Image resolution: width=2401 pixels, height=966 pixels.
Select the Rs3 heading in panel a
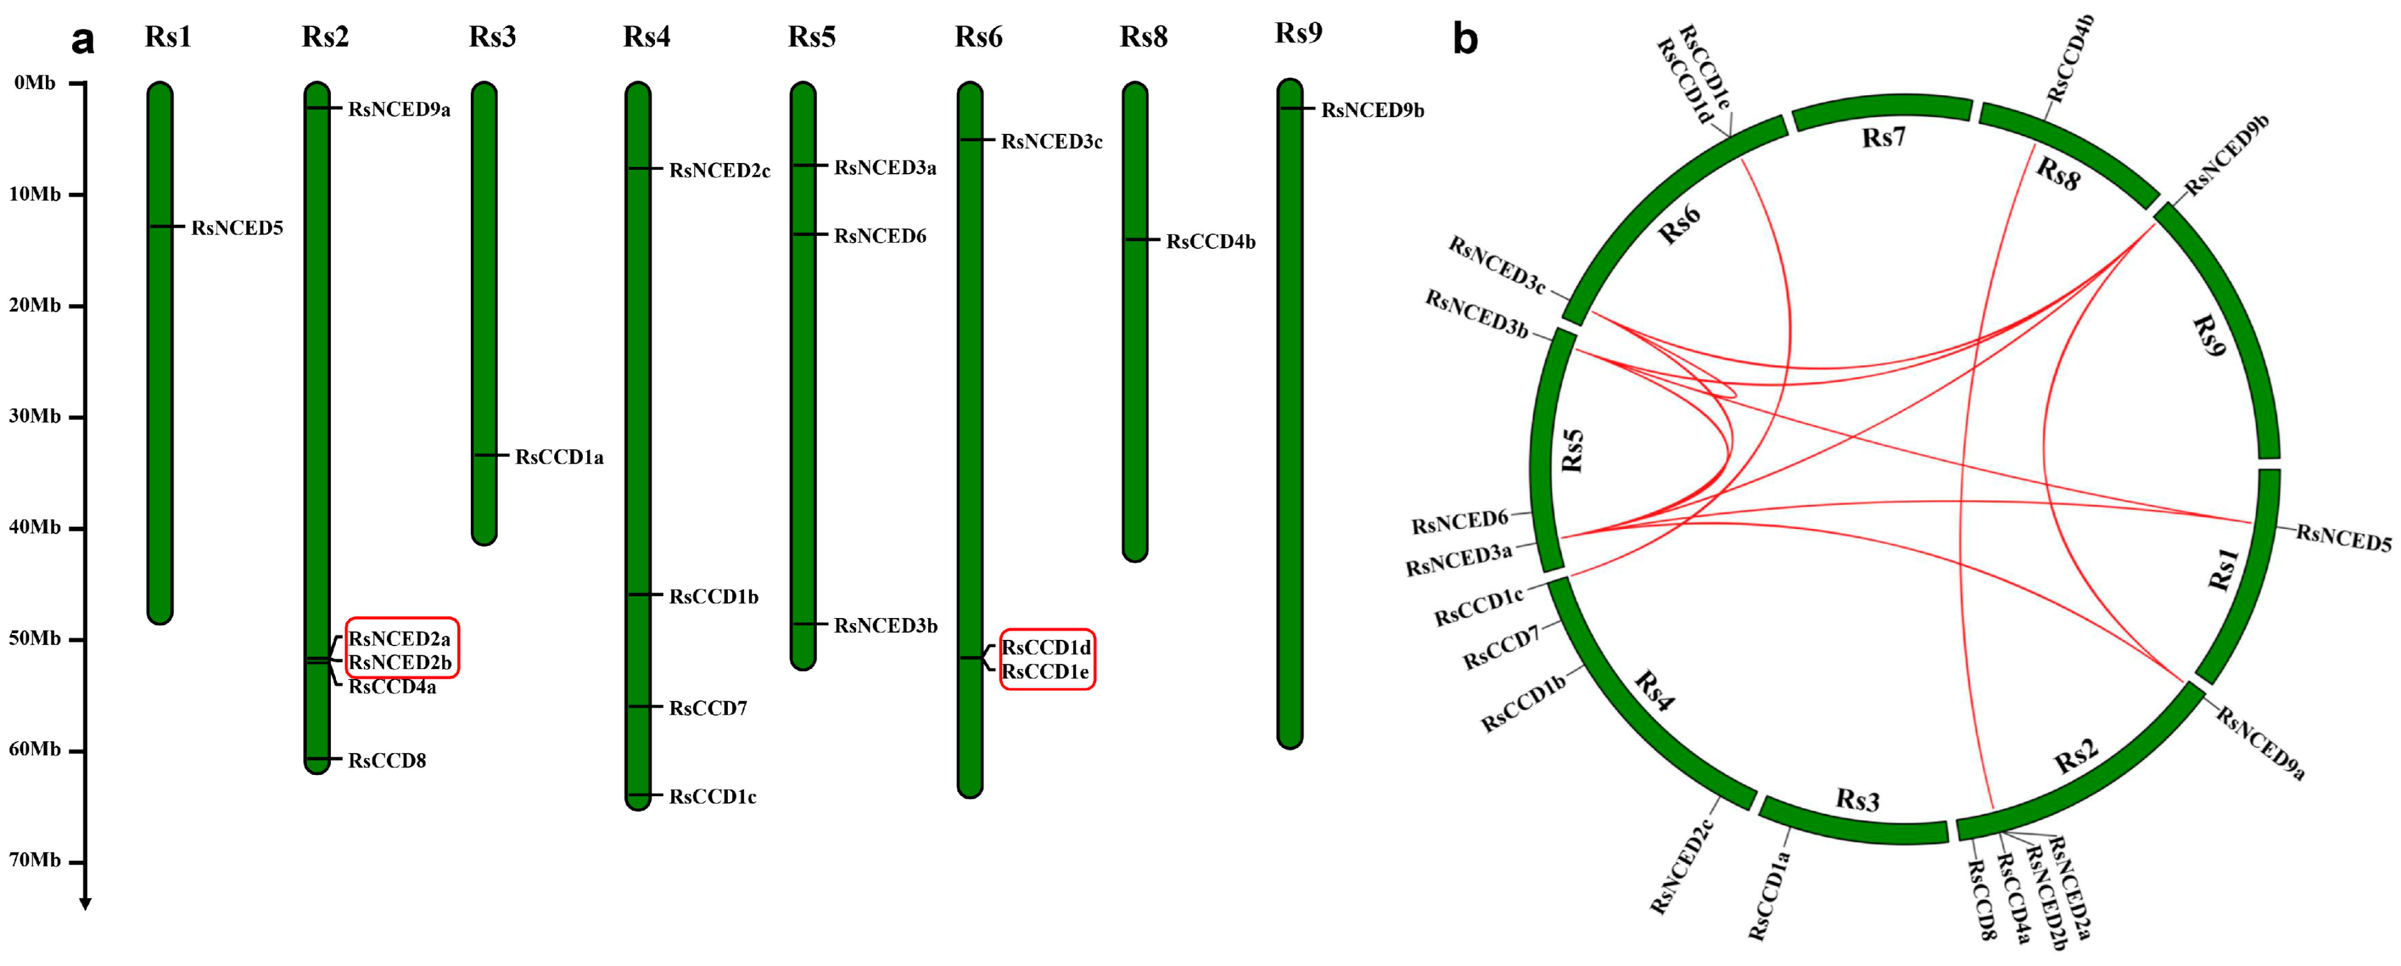[492, 37]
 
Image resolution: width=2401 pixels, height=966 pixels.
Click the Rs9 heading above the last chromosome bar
[1298, 34]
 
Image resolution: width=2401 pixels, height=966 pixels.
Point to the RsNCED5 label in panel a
[237, 228]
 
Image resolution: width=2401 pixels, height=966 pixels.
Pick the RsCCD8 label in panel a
[387, 761]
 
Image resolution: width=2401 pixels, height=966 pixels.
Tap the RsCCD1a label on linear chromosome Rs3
[559, 457]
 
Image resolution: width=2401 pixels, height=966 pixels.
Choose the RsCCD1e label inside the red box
[1045, 672]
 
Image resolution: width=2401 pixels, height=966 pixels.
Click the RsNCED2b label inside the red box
[400, 663]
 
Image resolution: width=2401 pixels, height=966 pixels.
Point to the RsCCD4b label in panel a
[1210, 242]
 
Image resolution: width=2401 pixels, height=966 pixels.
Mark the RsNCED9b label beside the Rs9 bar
[1372, 111]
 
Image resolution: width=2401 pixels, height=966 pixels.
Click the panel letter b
[1465, 39]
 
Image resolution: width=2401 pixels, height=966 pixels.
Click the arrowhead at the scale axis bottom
[85, 904]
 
